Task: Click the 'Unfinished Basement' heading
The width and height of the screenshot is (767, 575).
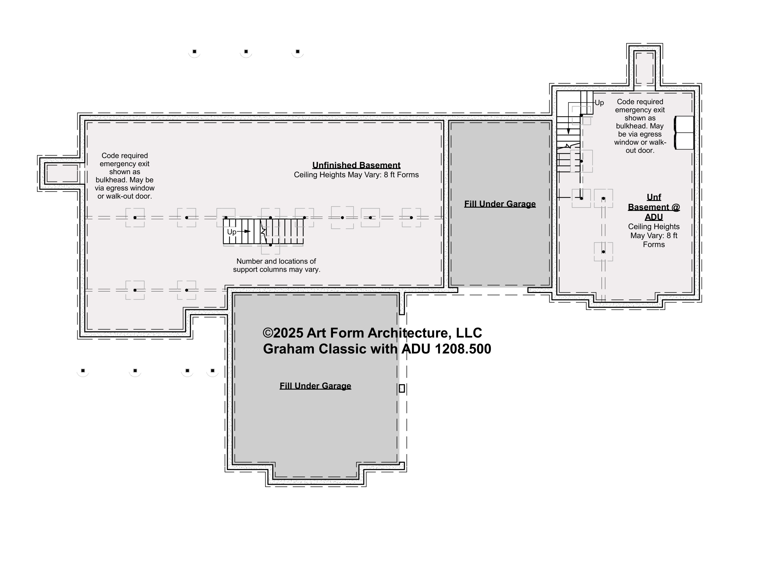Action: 356,165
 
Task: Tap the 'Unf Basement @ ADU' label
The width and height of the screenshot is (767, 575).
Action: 654,207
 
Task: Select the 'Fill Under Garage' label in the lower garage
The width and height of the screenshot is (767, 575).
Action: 315,386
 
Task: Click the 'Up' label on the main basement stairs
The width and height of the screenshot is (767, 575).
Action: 232,232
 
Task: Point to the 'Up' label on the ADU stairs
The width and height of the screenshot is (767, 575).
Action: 599,103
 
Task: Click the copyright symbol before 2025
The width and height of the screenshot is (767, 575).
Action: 268,333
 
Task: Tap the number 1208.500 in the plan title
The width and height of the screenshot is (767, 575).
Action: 463,349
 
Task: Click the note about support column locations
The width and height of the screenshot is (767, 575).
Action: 276,265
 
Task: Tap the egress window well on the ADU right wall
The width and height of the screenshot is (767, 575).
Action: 684,133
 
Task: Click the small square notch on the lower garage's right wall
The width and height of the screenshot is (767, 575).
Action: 402,388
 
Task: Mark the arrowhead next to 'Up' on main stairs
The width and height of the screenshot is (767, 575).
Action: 247,231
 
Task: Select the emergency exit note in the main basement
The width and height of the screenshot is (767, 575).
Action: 125,176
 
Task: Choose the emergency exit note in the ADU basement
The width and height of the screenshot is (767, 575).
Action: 640,126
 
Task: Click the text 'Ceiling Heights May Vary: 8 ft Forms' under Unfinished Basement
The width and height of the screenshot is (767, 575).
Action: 356,175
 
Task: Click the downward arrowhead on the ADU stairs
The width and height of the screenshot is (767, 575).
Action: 568,131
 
